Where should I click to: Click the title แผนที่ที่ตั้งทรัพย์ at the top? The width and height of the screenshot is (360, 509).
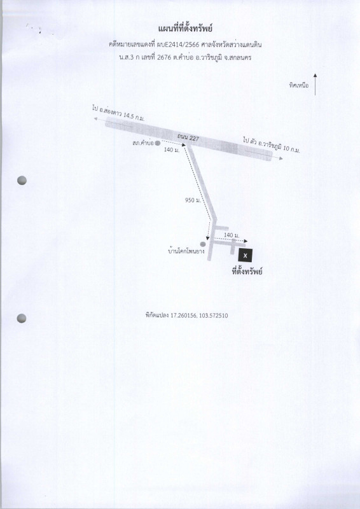pyautogui.click(x=185, y=29)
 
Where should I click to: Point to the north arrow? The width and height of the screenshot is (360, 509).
pyautogui.click(x=315, y=85)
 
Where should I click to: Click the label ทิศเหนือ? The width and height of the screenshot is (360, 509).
pyautogui.click(x=299, y=86)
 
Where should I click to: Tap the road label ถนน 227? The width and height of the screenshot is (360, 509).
pyautogui.click(x=188, y=138)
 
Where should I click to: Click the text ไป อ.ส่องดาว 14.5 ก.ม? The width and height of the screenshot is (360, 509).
pyautogui.click(x=119, y=113)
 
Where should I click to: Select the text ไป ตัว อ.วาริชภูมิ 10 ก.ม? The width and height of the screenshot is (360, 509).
pyautogui.click(x=272, y=145)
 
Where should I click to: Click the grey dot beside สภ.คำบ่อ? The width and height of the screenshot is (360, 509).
pyautogui.click(x=158, y=143)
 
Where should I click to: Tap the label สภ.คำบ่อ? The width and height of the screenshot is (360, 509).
pyautogui.click(x=142, y=143)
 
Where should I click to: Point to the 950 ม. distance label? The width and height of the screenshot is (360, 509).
pyautogui.click(x=193, y=200)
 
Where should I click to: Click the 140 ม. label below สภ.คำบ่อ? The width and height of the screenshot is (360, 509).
pyautogui.click(x=172, y=150)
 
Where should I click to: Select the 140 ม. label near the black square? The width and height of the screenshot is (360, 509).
pyautogui.click(x=232, y=235)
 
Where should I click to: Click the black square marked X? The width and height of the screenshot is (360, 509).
pyautogui.click(x=246, y=256)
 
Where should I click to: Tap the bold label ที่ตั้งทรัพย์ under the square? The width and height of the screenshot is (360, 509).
pyautogui.click(x=247, y=271)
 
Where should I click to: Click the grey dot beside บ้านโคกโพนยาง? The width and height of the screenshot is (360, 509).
pyautogui.click(x=203, y=244)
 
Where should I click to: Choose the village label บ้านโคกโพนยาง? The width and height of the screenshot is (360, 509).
pyautogui.click(x=186, y=251)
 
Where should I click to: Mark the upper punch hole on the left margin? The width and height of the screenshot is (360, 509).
pyautogui.click(x=22, y=181)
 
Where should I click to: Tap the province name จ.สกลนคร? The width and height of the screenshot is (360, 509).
pyautogui.click(x=239, y=58)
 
